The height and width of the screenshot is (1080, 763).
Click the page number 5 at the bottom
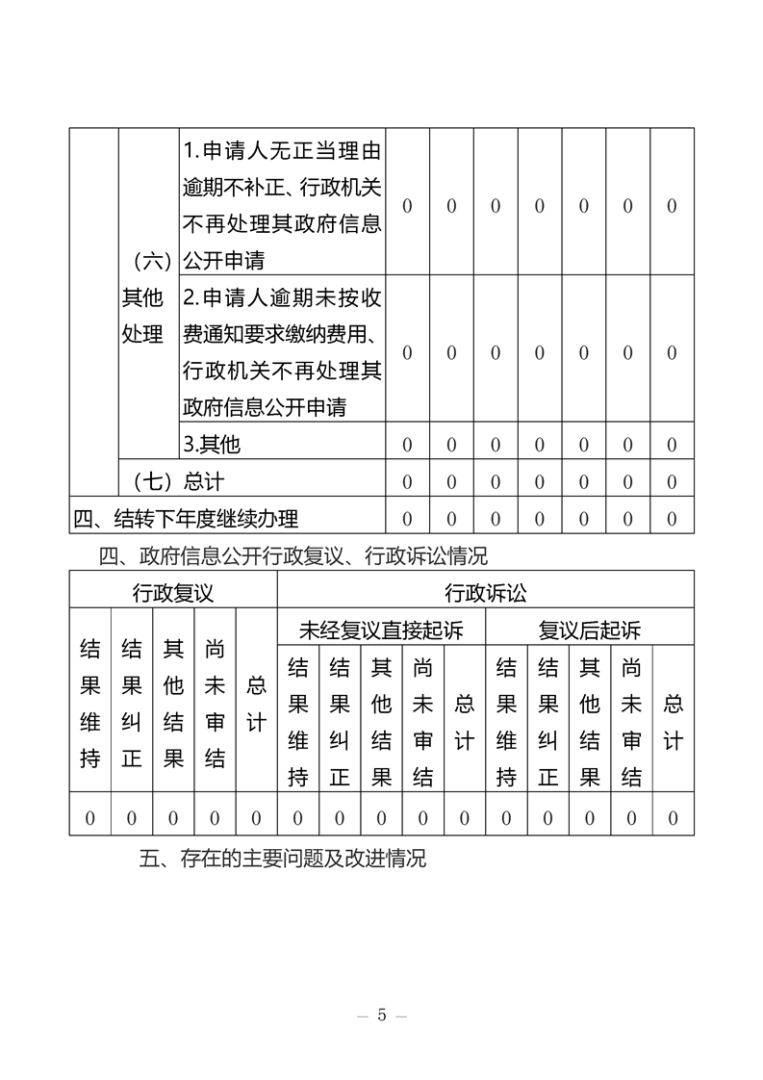coord(382,1016)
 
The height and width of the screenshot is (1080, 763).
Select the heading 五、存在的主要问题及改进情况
coord(282,860)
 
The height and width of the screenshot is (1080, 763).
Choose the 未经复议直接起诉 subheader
coord(381,630)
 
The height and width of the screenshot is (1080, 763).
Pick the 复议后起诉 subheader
coord(589,630)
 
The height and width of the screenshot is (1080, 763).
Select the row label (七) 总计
coord(170,481)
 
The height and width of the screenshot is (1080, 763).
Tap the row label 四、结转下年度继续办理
coord(186,519)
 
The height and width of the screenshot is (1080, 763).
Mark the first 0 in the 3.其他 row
coord(407,445)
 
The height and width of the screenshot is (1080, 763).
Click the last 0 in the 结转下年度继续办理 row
coord(672,520)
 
